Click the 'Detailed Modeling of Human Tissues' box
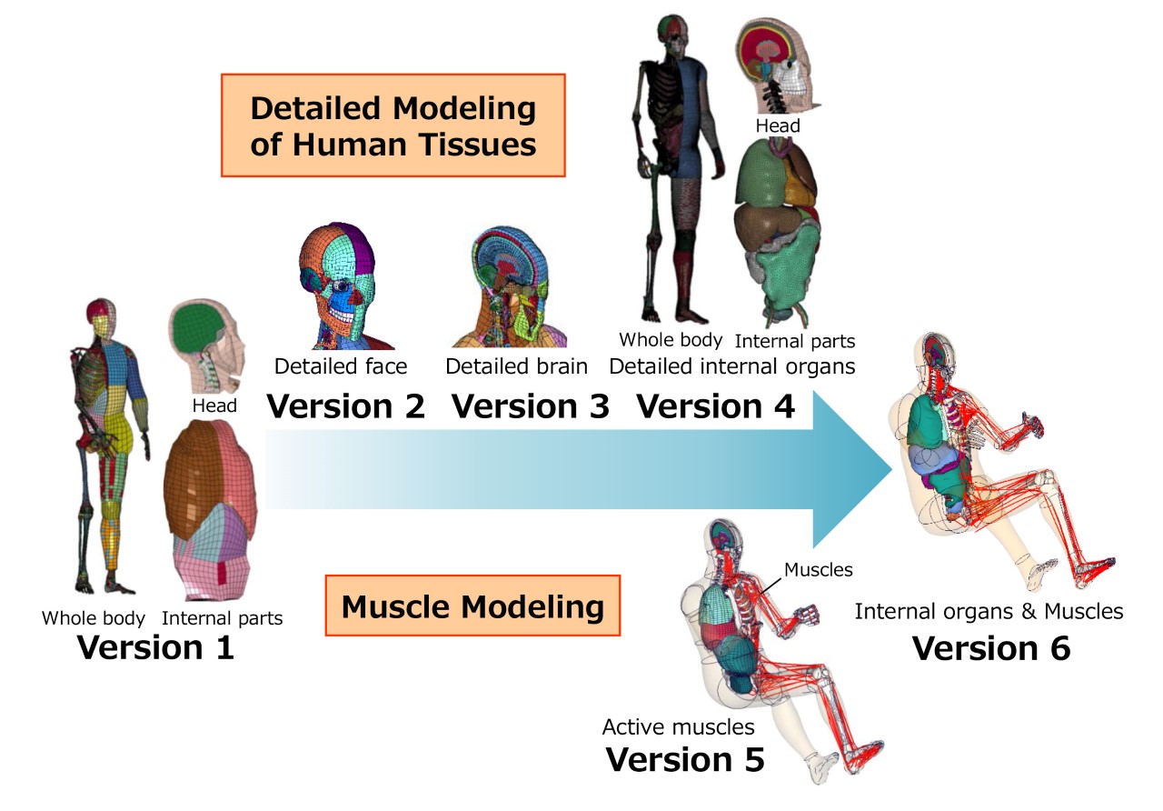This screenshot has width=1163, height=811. coord(393,125)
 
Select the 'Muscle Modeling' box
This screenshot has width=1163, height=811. coord(472,606)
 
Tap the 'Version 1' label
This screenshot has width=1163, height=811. coord(155,647)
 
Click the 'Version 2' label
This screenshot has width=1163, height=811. coord(345,406)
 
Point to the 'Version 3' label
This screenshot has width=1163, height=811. coord(530,406)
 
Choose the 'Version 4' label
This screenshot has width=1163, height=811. coord(715,406)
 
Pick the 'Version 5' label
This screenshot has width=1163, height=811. coord(685,758)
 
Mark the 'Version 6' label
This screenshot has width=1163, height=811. coord(991,647)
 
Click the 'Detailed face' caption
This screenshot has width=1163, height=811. coord(341,366)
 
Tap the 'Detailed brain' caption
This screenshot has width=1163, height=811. coord(516,366)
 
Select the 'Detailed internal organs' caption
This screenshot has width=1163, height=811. coord(732,366)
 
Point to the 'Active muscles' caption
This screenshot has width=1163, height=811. coord(678,726)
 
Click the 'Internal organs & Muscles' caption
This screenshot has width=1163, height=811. coord(989,611)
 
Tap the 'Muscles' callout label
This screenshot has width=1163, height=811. coord(819,570)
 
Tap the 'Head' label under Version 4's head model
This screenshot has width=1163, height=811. coord(778,125)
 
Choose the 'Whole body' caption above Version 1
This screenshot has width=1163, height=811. coord(93,618)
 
